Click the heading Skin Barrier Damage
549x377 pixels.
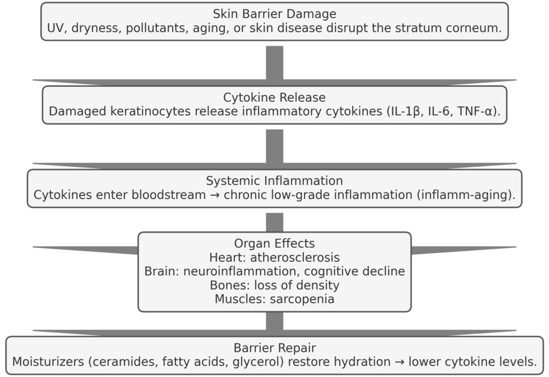[274, 14]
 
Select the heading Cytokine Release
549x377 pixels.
[274, 98]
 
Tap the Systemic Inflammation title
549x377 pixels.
[274, 181]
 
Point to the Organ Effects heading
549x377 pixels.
[274, 243]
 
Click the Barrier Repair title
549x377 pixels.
[274, 348]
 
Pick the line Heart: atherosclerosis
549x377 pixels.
[274, 257]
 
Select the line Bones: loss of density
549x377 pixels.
[274, 285]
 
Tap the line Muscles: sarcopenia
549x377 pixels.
[274, 299]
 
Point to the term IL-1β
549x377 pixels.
[394, 112]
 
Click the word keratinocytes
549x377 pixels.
[139, 112]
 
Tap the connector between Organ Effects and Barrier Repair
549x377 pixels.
[274, 322]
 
